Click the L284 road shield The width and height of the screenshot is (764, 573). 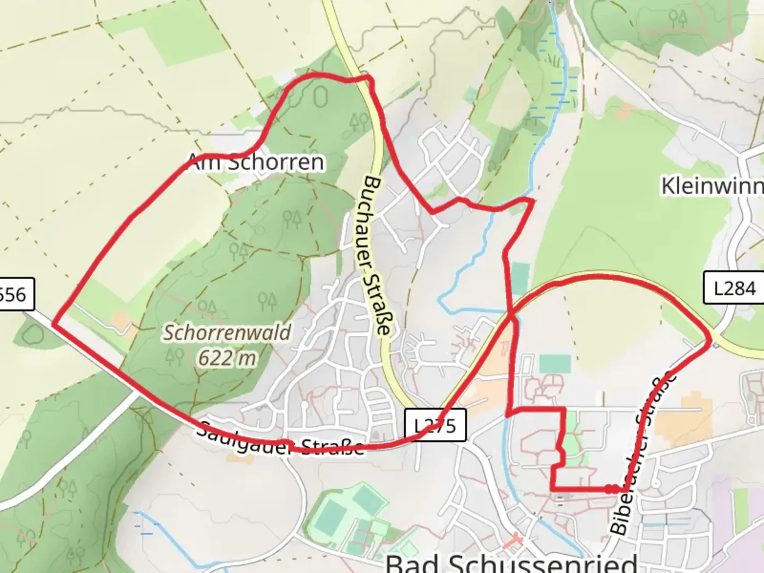pos(734,289)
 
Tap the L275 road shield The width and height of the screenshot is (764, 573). pos(435,425)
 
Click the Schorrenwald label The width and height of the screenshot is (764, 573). pos(227,333)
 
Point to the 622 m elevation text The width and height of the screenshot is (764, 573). pos(227,358)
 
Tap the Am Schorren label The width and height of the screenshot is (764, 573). pos(256,162)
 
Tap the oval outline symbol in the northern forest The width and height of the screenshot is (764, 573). pos(320,97)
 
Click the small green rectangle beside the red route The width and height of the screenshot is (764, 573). pos(520,276)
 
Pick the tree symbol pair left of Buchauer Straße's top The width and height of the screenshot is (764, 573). pos(359,123)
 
